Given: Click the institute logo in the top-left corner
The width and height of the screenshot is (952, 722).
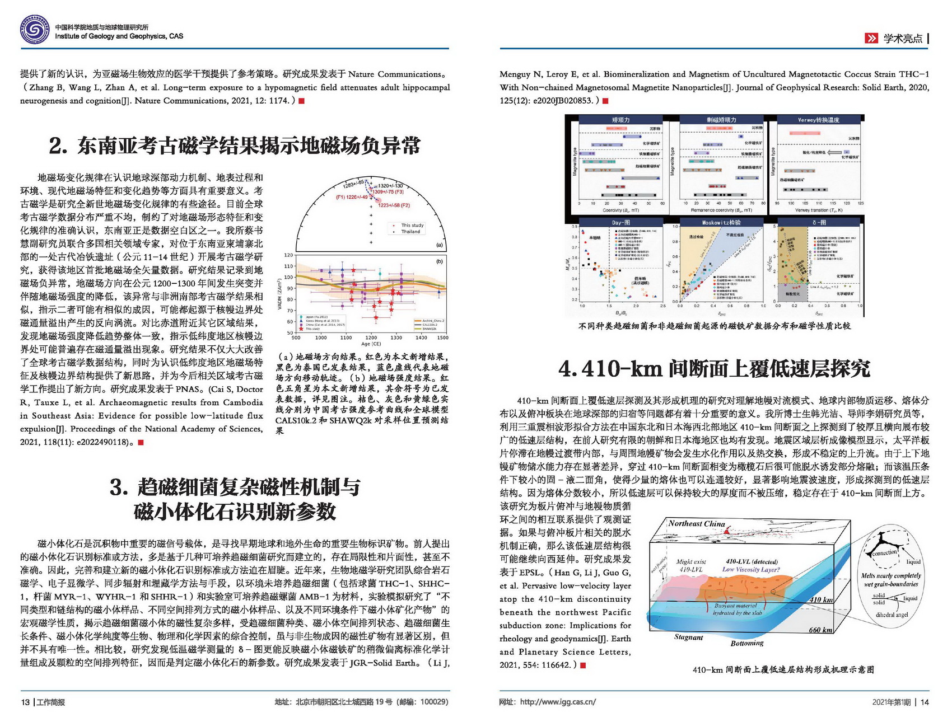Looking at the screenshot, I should click(x=35, y=30).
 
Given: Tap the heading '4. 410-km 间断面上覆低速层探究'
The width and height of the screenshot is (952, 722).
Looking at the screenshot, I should click(x=714, y=368).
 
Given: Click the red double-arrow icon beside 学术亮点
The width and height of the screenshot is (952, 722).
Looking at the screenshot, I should click(x=871, y=38).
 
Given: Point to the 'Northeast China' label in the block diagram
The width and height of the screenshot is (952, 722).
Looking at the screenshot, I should click(x=696, y=523).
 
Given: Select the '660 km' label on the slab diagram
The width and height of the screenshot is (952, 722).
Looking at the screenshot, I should click(x=820, y=630).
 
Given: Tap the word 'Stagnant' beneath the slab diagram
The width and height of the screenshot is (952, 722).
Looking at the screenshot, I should click(x=688, y=637).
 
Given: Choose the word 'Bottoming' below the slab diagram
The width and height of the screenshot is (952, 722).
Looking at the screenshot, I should click(x=746, y=643).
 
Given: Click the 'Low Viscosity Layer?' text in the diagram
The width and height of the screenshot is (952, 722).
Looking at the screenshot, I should click(x=751, y=569).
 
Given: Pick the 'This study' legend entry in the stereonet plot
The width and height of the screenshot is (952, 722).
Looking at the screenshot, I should click(x=412, y=225).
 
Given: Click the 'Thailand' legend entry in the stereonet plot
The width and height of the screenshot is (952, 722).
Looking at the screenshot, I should click(x=410, y=231).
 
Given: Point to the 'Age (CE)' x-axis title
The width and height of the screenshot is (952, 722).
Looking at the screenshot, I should click(x=371, y=344).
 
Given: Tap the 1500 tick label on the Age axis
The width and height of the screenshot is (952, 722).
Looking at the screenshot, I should click(x=442, y=337).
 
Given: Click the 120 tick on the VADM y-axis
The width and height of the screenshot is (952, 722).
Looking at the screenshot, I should click(x=288, y=255).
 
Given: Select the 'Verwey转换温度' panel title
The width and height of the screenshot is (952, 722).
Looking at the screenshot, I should click(x=818, y=120).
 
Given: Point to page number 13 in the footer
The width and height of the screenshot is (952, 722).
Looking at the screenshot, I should click(x=25, y=702).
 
